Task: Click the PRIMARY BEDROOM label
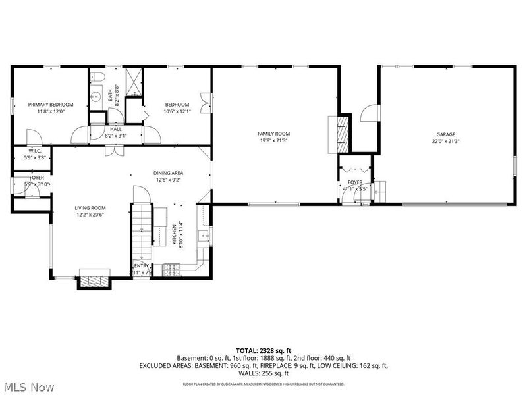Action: tap(50, 105)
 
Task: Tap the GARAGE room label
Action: tap(445, 134)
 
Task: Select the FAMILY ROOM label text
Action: tap(273, 134)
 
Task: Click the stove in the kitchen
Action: tap(173, 269)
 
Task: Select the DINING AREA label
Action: tap(169, 173)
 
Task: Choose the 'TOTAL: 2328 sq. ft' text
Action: tap(263, 350)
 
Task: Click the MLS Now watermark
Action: tap(28, 387)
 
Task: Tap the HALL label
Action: tap(116, 129)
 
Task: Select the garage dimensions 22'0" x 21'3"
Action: tap(445, 141)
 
